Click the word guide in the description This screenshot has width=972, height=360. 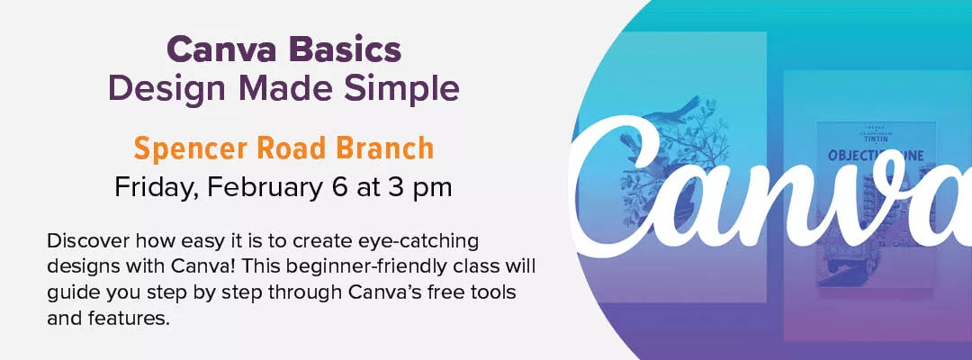69,293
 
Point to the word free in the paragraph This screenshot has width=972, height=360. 436,293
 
